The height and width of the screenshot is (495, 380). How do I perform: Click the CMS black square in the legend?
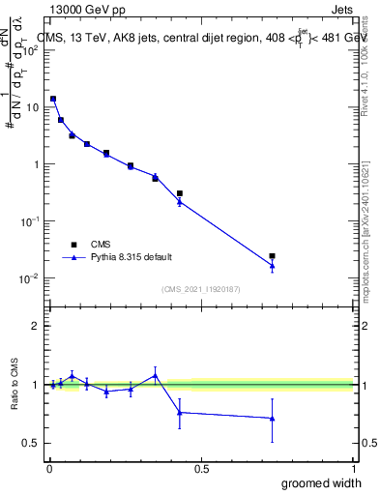(x=72, y=246)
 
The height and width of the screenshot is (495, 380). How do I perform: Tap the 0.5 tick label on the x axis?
(x=201, y=467)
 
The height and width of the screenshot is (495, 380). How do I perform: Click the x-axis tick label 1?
(x=353, y=467)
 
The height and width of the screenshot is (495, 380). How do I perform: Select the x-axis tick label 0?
(x=49, y=467)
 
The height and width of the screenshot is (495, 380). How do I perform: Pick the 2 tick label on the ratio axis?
(x=35, y=326)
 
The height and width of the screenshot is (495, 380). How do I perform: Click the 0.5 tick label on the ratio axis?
(x=31, y=443)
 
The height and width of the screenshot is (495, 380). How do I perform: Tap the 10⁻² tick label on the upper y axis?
(x=31, y=278)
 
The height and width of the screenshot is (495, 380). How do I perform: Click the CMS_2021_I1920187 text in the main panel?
(x=201, y=288)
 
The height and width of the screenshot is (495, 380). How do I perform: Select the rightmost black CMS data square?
(x=273, y=256)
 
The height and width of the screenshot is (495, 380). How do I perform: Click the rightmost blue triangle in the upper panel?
(x=273, y=266)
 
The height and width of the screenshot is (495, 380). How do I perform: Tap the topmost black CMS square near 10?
(x=53, y=99)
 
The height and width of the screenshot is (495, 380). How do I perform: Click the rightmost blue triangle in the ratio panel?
(x=273, y=418)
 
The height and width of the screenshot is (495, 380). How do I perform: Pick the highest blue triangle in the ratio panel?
(x=155, y=375)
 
